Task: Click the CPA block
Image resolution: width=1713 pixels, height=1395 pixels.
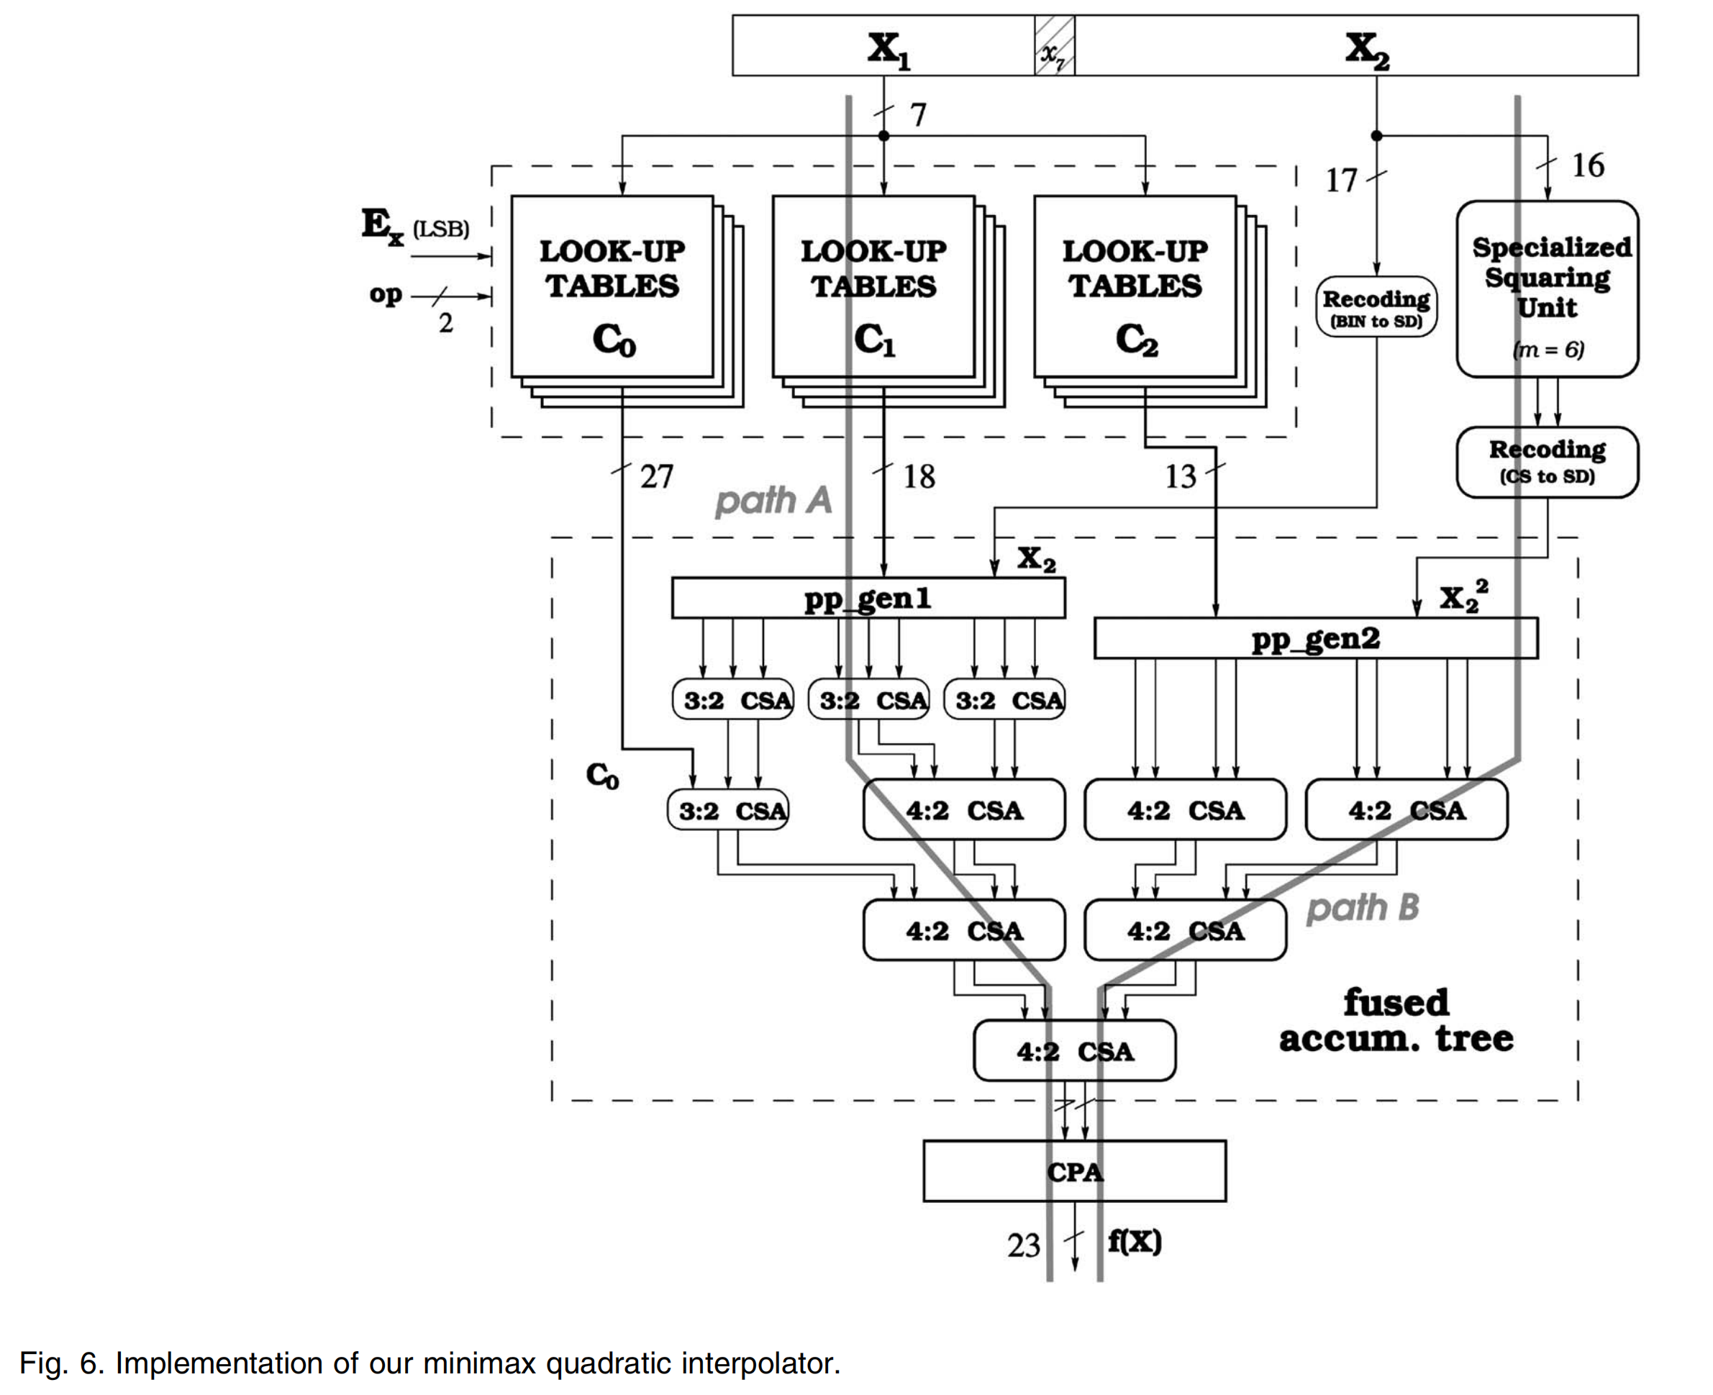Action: pyautogui.click(x=1073, y=1171)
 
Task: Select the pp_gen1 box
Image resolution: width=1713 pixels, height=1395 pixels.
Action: pyautogui.click(x=868, y=598)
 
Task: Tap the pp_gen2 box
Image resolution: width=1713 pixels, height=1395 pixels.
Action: pyautogui.click(x=1315, y=639)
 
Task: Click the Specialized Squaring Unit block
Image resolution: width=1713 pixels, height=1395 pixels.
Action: pyautogui.click(x=1547, y=289)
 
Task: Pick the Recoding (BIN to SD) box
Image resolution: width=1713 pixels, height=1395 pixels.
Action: pyautogui.click(x=1376, y=307)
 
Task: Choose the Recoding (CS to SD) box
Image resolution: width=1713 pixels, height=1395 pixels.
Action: pyautogui.click(x=1547, y=462)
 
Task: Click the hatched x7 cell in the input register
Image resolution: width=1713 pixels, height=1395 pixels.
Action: pyautogui.click(x=1053, y=46)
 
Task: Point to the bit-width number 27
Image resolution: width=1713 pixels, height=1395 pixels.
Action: pyautogui.click(x=655, y=477)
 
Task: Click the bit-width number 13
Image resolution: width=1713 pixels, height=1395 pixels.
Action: pyautogui.click(x=1181, y=477)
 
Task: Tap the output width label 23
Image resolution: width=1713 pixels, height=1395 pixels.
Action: pyautogui.click(x=1023, y=1245)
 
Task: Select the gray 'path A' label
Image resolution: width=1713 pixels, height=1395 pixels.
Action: pyautogui.click(x=773, y=501)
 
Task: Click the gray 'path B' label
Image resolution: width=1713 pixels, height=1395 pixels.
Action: pyautogui.click(x=1362, y=907)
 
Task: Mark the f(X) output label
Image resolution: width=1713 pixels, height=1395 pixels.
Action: pyautogui.click(x=1134, y=1242)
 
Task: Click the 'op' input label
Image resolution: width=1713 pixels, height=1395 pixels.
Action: pyautogui.click(x=385, y=295)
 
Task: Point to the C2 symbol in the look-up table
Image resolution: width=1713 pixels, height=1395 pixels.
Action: pyautogui.click(x=1136, y=341)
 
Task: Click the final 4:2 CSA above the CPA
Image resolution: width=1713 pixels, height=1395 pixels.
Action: pyautogui.click(x=1073, y=1051)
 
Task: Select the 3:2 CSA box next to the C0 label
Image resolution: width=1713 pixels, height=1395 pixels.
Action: pyautogui.click(x=727, y=810)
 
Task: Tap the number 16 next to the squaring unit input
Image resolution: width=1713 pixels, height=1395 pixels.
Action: pyautogui.click(x=1587, y=165)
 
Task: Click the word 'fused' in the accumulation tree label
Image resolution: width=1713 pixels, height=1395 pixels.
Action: pyautogui.click(x=1396, y=1003)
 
